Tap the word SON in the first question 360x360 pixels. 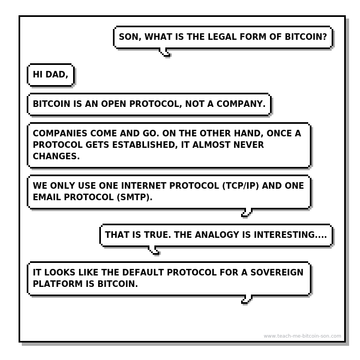click(x=129, y=38)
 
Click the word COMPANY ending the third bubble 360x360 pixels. click(x=241, y=104)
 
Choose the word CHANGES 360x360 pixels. click(x=56, y=156)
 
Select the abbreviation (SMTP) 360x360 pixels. click(x=133, y=197)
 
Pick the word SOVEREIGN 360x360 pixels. click(x=273, y=273)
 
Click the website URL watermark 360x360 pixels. click(x=302, y=336)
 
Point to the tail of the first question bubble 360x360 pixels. click(x=165, y=53)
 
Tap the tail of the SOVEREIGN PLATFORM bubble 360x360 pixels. click(x=247, y=299)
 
